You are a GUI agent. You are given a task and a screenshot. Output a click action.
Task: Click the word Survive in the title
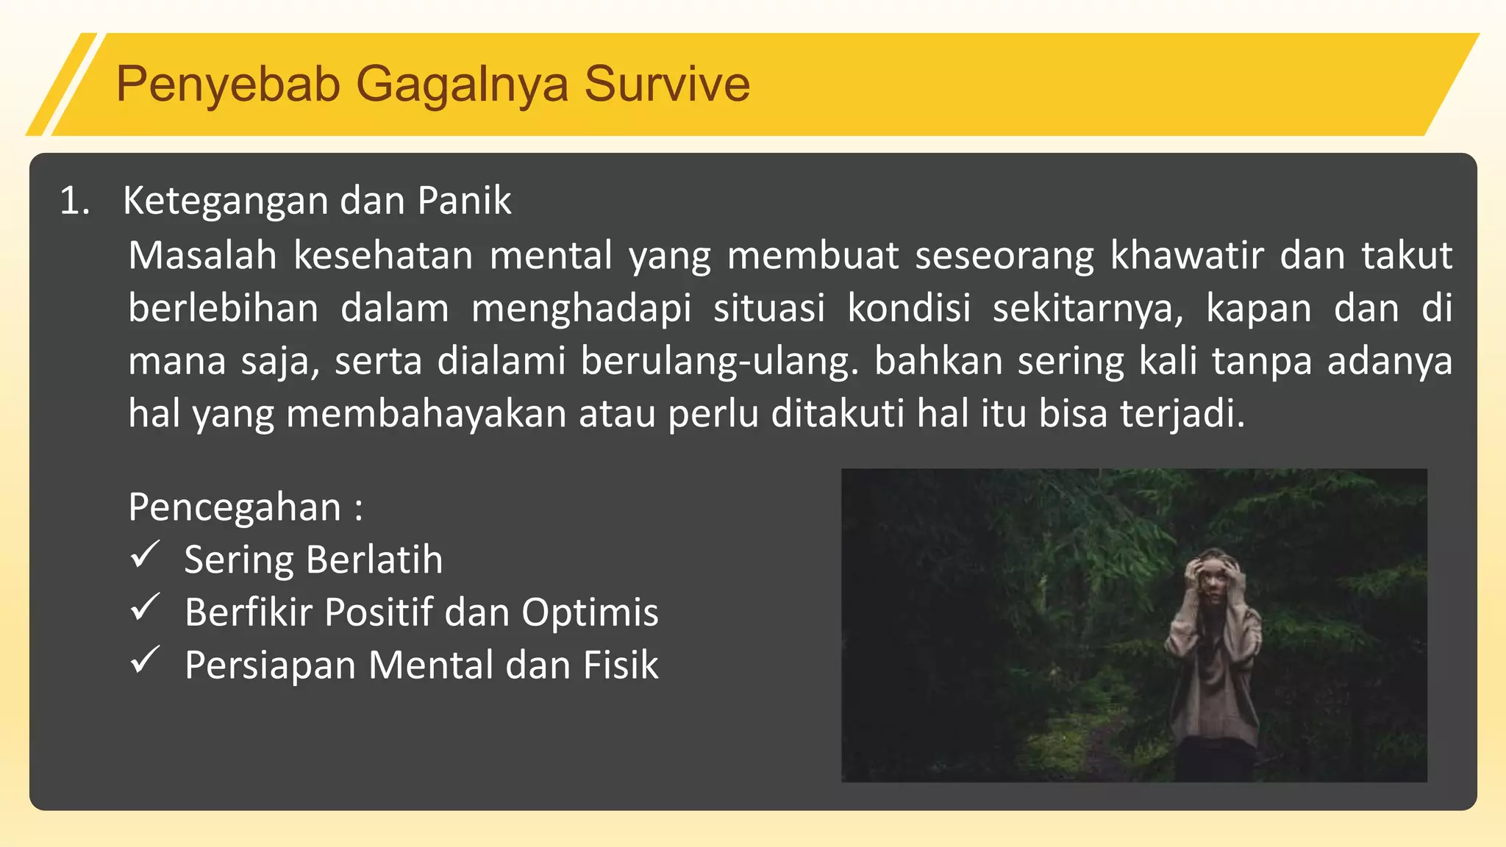pos(667,84)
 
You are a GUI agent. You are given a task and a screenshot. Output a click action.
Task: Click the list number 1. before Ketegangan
pos(74,201)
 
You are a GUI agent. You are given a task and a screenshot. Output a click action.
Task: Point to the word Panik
pos(464,201)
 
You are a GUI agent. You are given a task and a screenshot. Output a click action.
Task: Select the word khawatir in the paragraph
pos(1186,255)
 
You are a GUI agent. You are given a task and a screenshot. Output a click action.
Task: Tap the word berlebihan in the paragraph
pos(224,308)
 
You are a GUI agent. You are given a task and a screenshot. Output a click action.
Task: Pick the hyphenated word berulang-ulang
pos(718,361)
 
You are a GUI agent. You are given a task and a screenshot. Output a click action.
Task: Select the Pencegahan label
pos(235,507)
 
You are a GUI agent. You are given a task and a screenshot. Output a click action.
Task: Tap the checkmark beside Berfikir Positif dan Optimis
pos(145,608)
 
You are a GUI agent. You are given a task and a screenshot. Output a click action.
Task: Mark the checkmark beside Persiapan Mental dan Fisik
pos(145,660)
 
